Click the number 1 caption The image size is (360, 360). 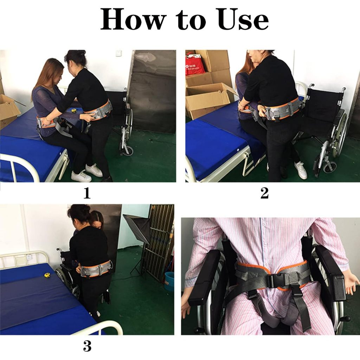(x=87, y=193)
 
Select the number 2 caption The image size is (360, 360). (x=264, y=193)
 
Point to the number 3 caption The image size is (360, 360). (x=87, y=346)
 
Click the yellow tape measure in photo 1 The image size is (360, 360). (x=74, y=110)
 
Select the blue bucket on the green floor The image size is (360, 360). (x=169, y=281)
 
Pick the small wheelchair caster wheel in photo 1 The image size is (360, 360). (x=128, y=150)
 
